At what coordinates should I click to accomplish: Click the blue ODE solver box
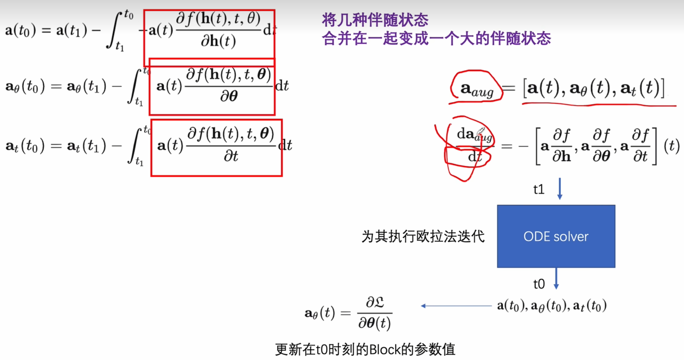click(x=556, y=236)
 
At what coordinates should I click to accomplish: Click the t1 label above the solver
click(x=539, y=189)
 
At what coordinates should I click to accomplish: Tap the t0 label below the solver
click(x=539, y=284)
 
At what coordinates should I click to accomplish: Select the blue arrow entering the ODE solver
click(x=559, y=189)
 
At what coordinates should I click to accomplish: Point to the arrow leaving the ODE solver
click(x=556, y=278)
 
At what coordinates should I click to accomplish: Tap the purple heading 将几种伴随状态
click(x=375, y=20)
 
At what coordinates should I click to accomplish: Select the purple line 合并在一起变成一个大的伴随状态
click(x=436, y=39)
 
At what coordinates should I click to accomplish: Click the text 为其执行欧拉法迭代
click(x=423, y=236)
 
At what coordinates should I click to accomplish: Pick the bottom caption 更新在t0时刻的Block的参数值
click(x=365, y=349)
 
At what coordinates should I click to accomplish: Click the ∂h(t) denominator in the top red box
click(x=218, y=41)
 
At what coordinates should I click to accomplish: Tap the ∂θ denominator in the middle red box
click(x=229, y=96)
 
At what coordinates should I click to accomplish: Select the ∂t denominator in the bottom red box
click(x=231, y=156)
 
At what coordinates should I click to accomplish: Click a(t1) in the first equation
click(x=72, y=30)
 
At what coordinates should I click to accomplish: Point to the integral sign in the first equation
click(x=115, y=30)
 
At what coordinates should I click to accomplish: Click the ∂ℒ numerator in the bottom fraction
click(x=375, y=302)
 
